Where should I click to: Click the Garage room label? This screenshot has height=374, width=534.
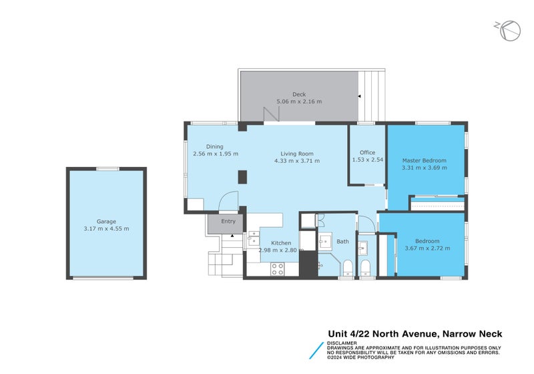tap(106, 221)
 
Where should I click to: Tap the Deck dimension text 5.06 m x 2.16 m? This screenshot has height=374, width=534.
tap(299, 102)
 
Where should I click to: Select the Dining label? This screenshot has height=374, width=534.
tap(214, 146)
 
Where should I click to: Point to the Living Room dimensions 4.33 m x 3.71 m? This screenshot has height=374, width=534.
tap(297, 160)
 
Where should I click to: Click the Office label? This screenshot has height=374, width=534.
tap(367, 152)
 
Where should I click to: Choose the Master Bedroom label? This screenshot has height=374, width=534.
tap(424, 160)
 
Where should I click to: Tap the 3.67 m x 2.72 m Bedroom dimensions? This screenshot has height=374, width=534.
tap(427, 248)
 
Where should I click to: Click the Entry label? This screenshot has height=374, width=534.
tap(228, 221)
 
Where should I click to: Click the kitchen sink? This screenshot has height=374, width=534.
tap(254, 237)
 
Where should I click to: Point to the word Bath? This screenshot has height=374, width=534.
tap(342, 242)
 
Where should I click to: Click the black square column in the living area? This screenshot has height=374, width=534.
tap(243, 177)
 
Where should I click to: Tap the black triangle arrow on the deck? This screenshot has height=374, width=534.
tap(360, 97)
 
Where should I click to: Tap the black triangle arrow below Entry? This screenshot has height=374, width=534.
tap(232, 236)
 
